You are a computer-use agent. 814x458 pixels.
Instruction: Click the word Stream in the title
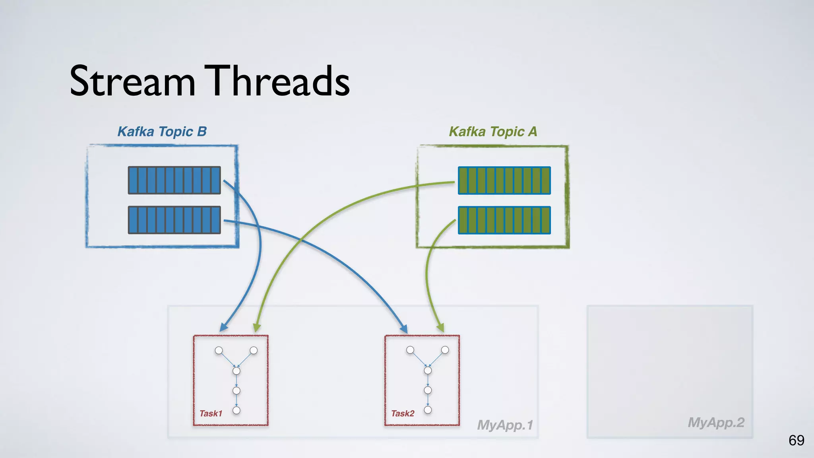pyautogui.click(x=132, y=81)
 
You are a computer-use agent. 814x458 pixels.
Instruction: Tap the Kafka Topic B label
pyautogui.click(x=162, y=132)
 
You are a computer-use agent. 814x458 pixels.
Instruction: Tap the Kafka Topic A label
pyautogui.click(x=493, y=132)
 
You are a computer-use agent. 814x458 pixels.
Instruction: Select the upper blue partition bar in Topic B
pyautogui.click(x=174, y=180)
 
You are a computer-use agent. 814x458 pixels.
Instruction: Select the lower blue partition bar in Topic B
pyautogui.click(x=174, y=220)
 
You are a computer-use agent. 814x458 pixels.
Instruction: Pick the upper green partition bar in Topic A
pyautogui.click(x=504, y=180)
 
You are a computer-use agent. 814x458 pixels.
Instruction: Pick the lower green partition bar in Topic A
pyautogui.click(x=504, y=220)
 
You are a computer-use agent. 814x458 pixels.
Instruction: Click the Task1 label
pyautogui.click(x=211, y=413)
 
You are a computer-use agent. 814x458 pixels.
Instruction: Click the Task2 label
pyautogui.click(x=403, y=413)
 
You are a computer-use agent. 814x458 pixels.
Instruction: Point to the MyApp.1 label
pyautogui.click(x=505, y=425)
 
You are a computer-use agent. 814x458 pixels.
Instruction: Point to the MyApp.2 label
pyautogui.click(x=716, y=422)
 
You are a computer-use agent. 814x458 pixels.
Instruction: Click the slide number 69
pyautogui.click(x=796, y=440)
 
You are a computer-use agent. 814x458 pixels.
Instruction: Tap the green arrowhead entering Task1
pyautogui.click(x=257, y=327)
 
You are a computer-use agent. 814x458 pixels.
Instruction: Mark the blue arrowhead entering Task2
pyautogui.click(x=404, y=329)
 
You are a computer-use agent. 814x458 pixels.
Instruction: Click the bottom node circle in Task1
pyautogui.click(x=236, y=410)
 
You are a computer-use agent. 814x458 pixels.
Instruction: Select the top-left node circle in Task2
pyautogui.click(x=410, y=350)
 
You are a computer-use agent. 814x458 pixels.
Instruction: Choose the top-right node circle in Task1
pyautogui.click(x=254, y=350)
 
